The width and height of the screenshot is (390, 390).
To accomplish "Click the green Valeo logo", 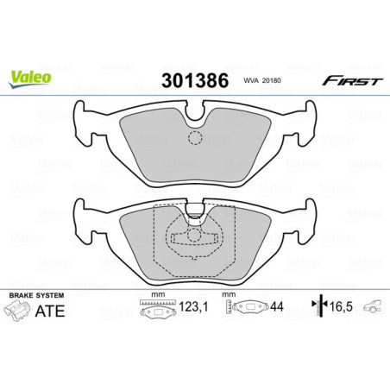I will [x=30, y=77].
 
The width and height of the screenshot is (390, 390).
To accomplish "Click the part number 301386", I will [x=194, y=82].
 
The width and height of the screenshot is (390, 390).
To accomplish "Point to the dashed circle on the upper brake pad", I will [x=194, y=137].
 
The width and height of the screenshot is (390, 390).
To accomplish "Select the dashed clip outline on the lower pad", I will [x=194, y=241].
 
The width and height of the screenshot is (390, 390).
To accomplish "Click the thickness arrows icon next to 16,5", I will [x=318, y=305].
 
